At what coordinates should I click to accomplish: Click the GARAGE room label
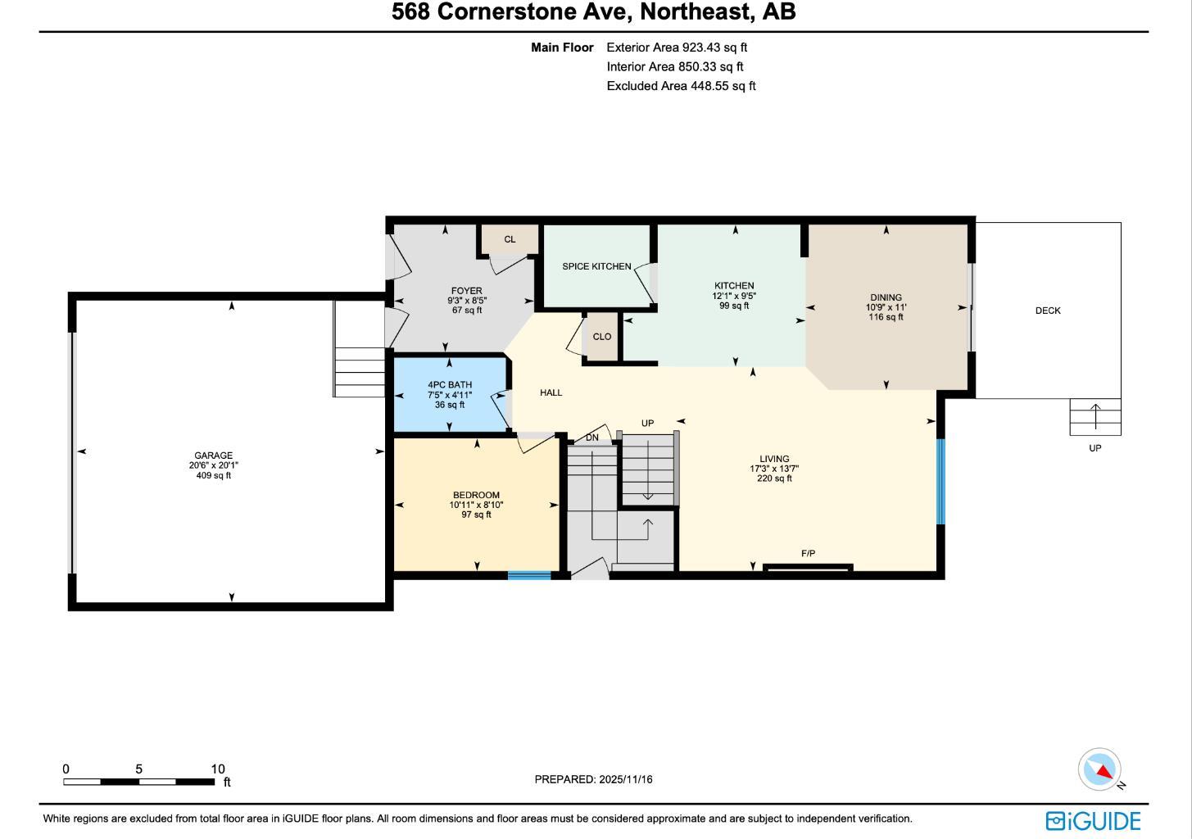213,456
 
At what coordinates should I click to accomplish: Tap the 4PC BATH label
450,385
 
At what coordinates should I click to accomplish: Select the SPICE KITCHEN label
596,266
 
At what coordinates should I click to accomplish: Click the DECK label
1048,311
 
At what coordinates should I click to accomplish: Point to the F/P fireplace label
808,554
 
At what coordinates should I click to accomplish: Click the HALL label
551,392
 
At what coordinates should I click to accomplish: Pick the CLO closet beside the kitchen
601,337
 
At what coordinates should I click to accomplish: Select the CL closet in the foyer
510,239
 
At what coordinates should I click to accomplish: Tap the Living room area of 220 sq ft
774,479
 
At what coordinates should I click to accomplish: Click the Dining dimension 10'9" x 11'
886,307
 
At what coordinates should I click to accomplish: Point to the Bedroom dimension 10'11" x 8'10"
476,505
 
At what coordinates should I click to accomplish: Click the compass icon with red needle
1099,769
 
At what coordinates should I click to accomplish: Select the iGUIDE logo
1093,820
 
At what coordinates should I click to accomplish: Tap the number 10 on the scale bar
217,769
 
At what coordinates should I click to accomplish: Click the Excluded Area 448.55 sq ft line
681,85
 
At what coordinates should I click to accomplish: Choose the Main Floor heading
562,48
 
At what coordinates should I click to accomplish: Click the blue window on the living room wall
940,481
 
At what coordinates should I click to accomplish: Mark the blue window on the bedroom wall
529,576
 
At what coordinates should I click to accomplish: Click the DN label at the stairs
591,438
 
